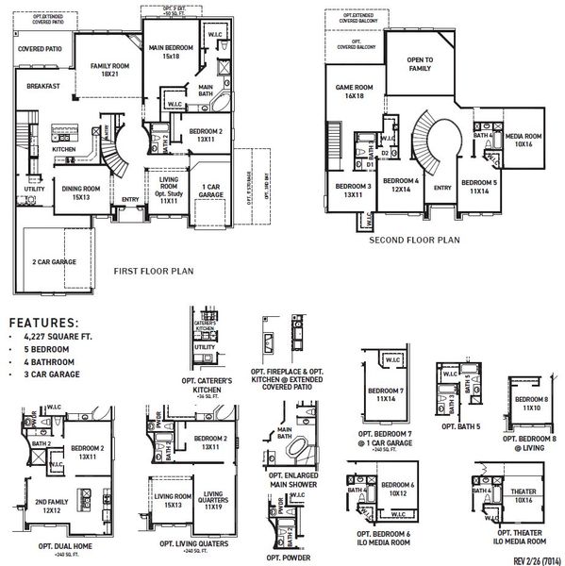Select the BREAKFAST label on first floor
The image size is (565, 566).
[x=43, y=86]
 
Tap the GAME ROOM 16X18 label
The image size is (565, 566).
[x=350, y=92]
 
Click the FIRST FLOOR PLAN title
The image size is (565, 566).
[x=153, y=271]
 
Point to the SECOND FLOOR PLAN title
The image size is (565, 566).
[x=415, y=240]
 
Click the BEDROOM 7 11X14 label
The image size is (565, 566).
[x=385, y=394]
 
